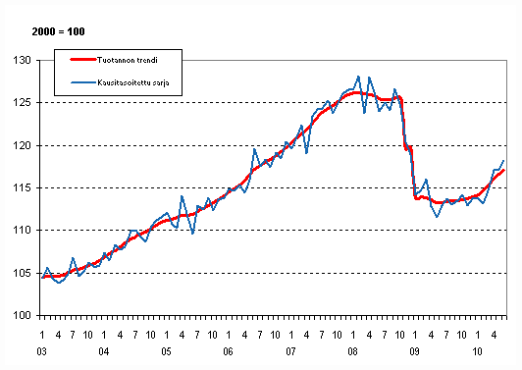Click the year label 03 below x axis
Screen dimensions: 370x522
coord(41,349)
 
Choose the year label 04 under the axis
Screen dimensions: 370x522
coord(104,349)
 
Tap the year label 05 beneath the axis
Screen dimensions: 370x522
coord(167,349)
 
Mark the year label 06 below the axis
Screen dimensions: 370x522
coord(229,349)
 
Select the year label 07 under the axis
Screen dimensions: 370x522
coord(291,349)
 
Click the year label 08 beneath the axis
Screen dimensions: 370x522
coord(354,349)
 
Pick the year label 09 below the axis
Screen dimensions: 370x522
coord(416,349)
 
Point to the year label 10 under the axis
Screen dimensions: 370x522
coord(479,349)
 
